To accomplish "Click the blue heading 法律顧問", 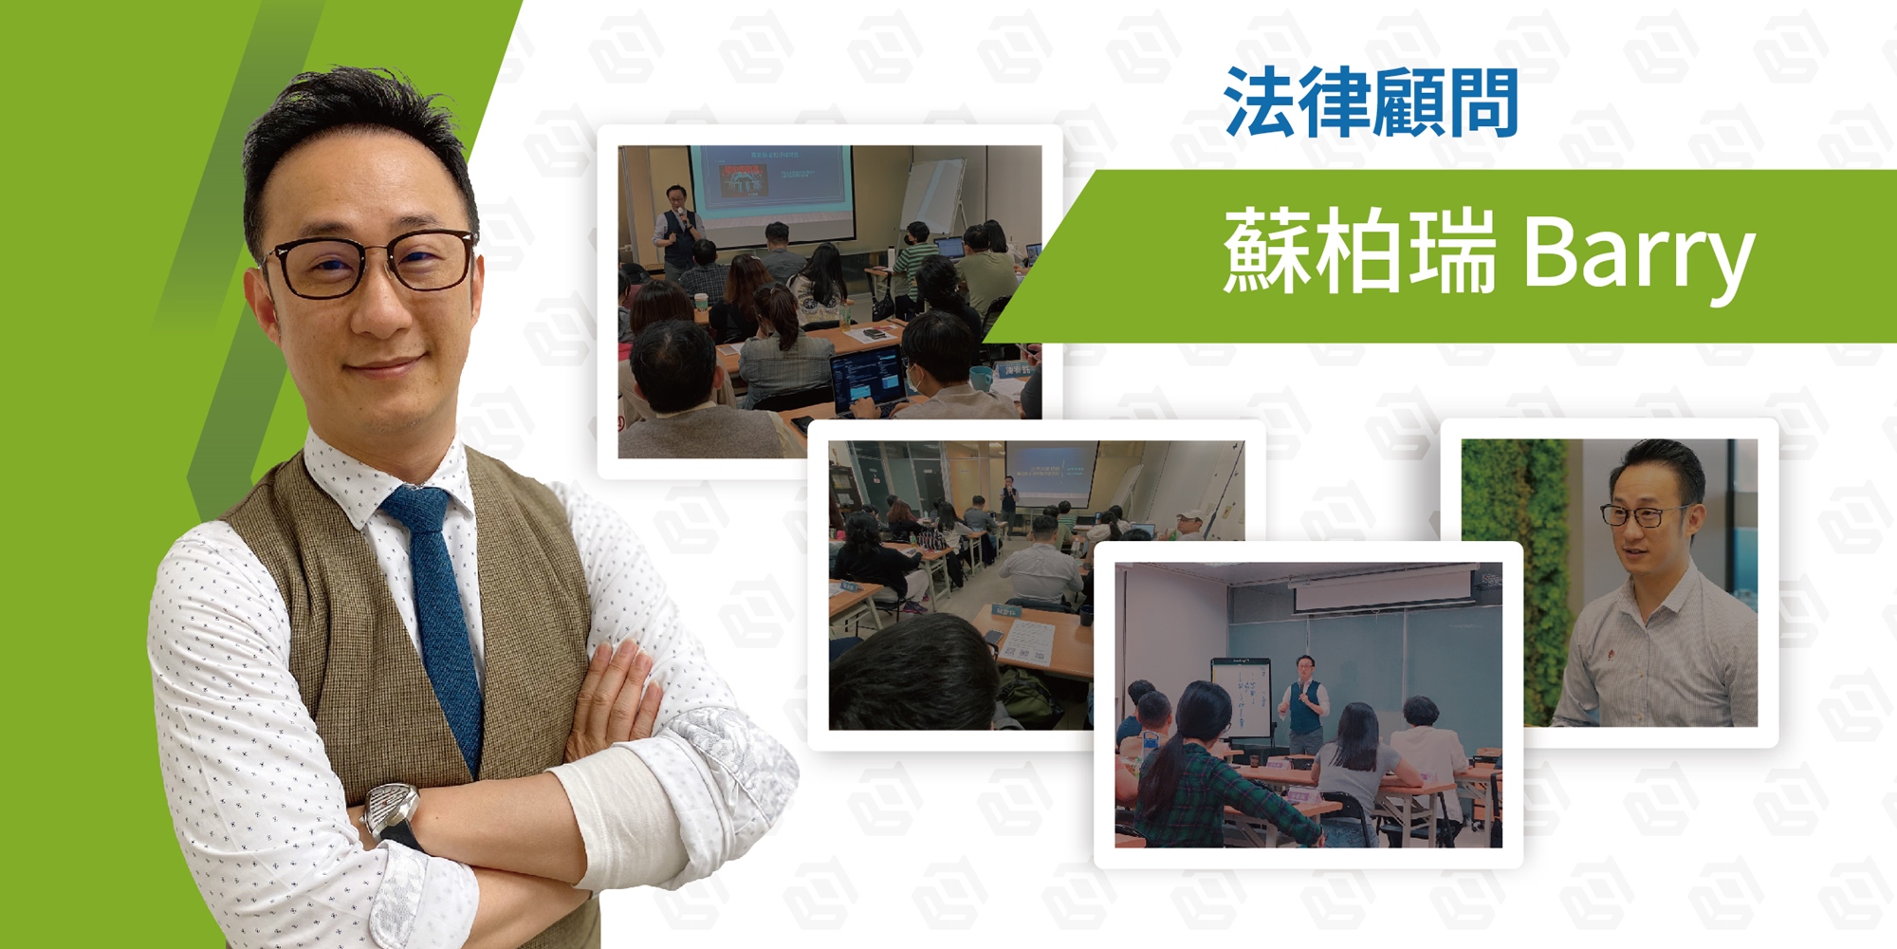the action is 1371,102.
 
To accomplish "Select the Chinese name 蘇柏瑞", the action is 1359,251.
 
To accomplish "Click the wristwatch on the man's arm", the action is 392,814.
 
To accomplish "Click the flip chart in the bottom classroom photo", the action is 1242,698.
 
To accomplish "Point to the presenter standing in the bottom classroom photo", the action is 1303,702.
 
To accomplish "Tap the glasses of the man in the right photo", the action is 1644,516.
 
